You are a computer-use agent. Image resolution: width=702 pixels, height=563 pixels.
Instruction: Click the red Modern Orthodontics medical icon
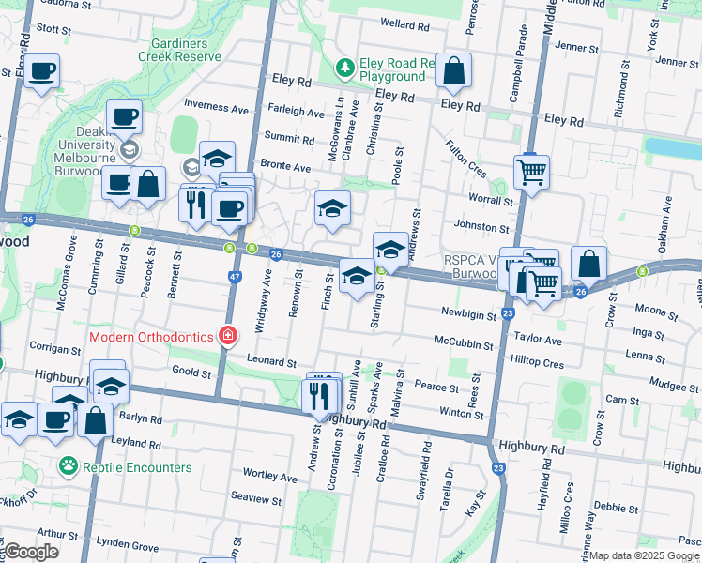(226, 335)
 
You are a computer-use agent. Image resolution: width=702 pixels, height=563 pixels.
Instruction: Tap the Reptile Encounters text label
(137, 466)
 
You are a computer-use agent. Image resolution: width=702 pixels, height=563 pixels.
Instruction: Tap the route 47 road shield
(235, 278)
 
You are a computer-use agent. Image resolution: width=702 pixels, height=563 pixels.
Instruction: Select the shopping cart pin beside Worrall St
(531, 172)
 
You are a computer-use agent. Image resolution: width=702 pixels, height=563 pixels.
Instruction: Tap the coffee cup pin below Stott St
(41, 70)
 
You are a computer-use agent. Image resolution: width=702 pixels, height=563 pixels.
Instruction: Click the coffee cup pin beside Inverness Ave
(124, 117)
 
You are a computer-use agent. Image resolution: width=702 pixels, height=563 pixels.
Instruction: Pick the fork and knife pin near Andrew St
(321, 394)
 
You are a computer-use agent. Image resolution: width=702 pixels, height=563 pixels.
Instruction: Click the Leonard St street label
(271, 361)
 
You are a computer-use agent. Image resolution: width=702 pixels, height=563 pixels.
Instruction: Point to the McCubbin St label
(464, 344)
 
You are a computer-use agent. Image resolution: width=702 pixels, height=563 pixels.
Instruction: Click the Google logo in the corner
(31, 553)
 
